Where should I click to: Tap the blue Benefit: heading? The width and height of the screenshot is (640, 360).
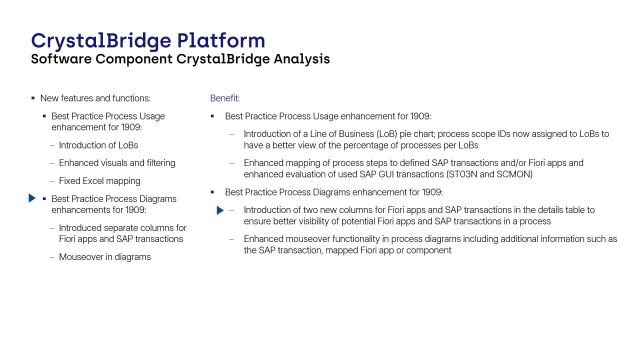click(x=224, y=98)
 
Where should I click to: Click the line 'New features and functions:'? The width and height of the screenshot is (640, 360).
click(x=95, y=98)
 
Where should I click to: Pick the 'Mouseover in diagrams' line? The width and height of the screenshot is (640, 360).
click(x=106, y=257)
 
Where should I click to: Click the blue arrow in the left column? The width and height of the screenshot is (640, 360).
click(x=29, y=199)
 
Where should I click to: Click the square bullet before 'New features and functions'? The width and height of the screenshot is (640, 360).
click(x=32, y=98)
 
